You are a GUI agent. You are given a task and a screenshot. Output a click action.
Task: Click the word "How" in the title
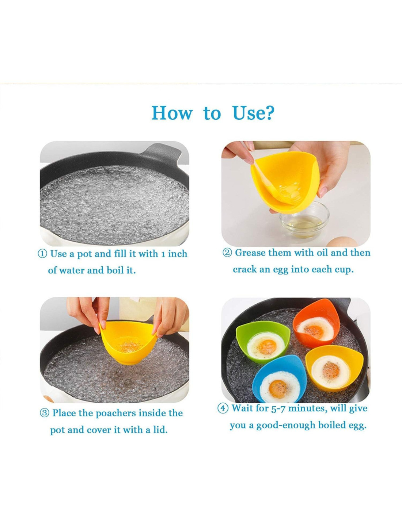click(172, 113)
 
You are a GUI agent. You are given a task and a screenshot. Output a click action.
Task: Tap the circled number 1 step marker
click(42, 254)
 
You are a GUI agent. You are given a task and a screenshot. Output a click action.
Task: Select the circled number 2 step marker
click(227, 253)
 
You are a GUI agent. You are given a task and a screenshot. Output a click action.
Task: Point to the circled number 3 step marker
click(44, 413)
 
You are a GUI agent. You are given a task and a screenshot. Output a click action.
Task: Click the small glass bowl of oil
click(304, 223)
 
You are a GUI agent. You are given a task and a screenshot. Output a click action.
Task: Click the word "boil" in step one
click(115, 270)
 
